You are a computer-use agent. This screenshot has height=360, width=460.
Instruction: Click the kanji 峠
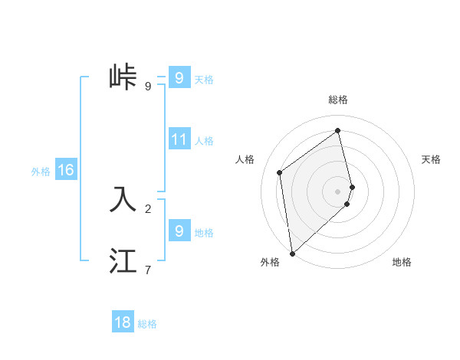123,77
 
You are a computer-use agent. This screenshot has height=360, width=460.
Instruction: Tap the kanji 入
123,198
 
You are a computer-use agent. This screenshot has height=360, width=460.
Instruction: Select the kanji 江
123,260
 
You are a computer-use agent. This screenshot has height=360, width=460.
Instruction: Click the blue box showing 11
179,139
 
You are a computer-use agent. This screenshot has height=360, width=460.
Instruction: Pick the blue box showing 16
66,170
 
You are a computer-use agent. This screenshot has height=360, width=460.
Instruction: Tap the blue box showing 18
123,322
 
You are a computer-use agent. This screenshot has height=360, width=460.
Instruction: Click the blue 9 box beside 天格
179,78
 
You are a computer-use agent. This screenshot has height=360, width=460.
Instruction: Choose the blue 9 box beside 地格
179,231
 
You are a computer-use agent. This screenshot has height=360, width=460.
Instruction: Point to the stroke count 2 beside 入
148,208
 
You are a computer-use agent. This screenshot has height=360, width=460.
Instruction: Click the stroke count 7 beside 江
148,270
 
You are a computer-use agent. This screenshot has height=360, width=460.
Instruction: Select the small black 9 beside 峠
148,87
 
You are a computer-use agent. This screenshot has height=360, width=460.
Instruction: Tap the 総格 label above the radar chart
338,100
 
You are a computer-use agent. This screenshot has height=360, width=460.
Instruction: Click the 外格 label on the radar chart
270,262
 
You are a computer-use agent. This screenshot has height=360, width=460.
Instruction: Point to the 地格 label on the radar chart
402,262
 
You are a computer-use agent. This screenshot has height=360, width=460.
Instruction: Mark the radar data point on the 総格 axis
338,130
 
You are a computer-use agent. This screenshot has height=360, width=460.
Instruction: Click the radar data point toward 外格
291,253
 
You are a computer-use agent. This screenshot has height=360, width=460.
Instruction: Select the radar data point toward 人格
280,172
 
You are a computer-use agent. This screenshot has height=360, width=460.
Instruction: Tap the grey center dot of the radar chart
338,191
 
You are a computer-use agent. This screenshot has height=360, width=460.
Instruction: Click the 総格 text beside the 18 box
147,324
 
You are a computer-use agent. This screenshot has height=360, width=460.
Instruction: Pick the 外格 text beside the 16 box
41,172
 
